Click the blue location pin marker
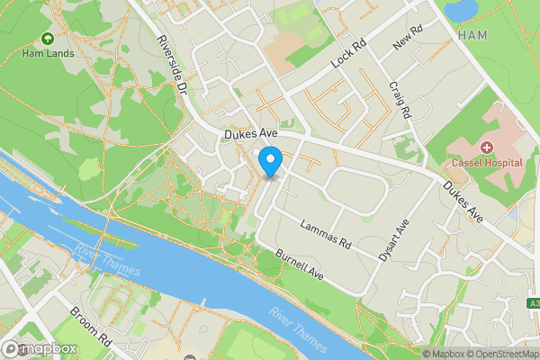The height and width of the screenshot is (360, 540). (x=270, y=163)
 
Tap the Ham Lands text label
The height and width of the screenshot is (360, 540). (x=47, y=53)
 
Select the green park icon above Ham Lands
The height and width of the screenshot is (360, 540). (x=47, y=39)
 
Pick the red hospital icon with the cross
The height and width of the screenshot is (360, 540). (x=487, y=147)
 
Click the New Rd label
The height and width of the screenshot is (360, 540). (x=408, y=40)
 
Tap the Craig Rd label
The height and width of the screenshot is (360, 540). (x=400, y=99)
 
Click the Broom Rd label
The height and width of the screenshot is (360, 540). (x=90, y=328)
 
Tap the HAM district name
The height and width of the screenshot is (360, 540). (x=473, y=35)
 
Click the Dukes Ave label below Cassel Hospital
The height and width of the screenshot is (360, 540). (x=463, y=202)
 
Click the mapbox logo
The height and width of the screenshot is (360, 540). (x=40, y=348)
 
